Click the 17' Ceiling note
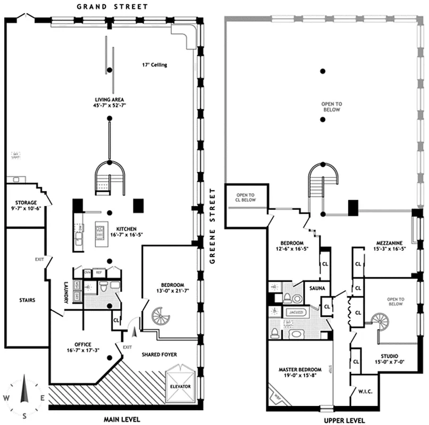(154, 65)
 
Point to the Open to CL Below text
(245, 197)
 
